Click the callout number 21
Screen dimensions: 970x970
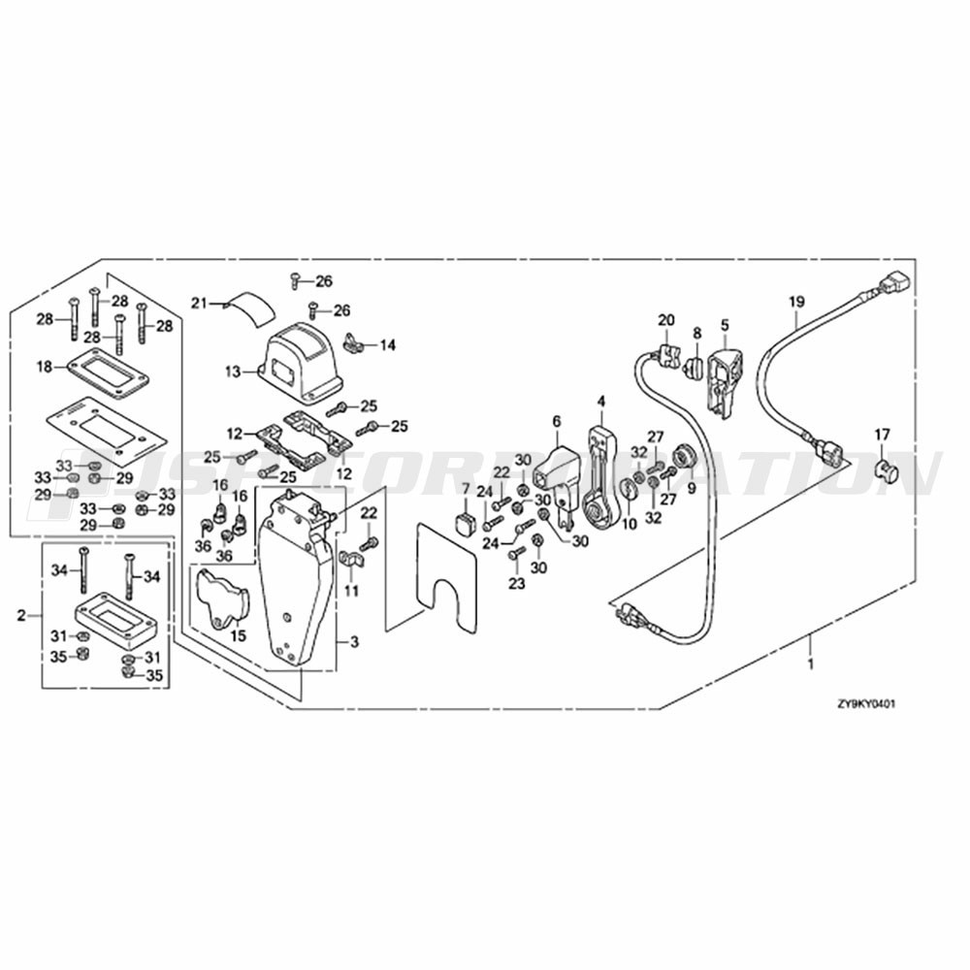[199, 304]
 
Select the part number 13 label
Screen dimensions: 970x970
[232, 371]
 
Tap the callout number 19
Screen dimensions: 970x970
[796, 302]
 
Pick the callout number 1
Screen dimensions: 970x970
[811, 666]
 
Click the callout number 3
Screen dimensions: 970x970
[354, 642]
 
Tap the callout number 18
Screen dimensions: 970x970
[45, 366]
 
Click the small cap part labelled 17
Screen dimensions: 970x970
[884, 471]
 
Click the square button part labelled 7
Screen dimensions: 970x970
[467, 525]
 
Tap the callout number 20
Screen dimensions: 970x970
[665, 320]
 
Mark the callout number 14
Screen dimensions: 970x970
[387, 344]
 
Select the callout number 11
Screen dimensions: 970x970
[350, 590]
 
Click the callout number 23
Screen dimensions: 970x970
[516, 584]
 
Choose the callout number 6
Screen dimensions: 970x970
[557, 421]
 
